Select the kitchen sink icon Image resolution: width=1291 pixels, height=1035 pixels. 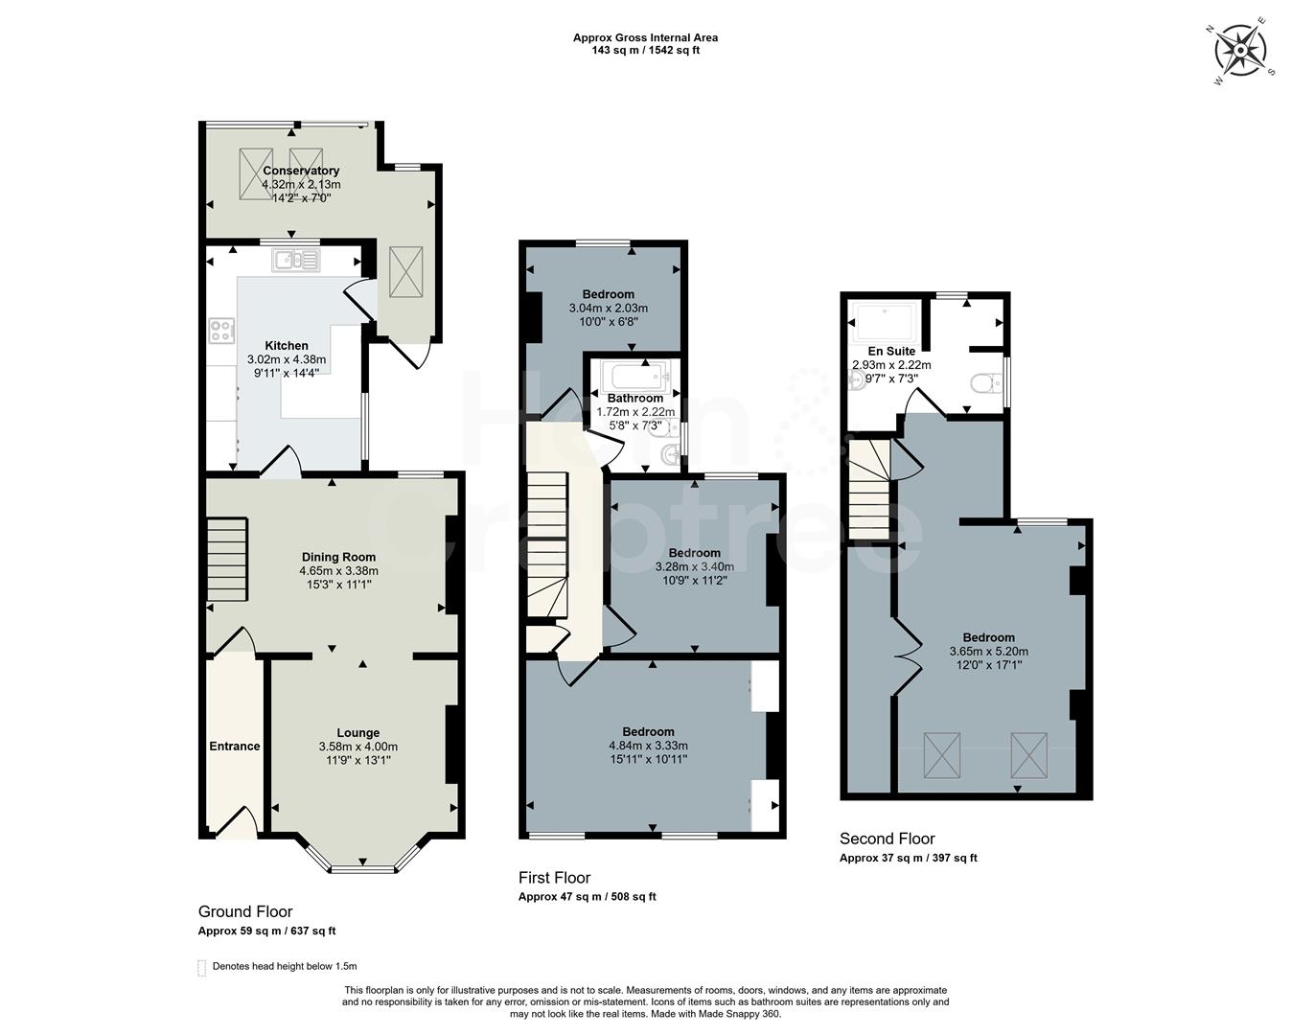tap(297, 260)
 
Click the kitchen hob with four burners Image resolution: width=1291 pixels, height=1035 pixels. tap(221, 331)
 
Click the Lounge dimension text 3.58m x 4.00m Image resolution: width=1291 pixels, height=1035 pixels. tap(357, 747)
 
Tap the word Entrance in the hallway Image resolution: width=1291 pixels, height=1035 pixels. tap(235, 746)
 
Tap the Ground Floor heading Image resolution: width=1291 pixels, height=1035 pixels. tap(245, 911)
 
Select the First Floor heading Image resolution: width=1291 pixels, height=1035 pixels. tap(554, 877)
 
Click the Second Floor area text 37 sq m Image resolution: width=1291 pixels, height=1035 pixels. tap(908, 858)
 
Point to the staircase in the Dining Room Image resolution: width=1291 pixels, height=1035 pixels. tap(228, 560)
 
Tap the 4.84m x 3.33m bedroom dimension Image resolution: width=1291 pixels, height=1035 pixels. tap(648, 746)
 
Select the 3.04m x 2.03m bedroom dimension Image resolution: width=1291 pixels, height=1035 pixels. tap(608, 308)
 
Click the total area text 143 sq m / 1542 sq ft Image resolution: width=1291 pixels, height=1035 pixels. tap(645, 51)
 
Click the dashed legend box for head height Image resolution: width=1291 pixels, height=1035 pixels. tap(201, 967)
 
